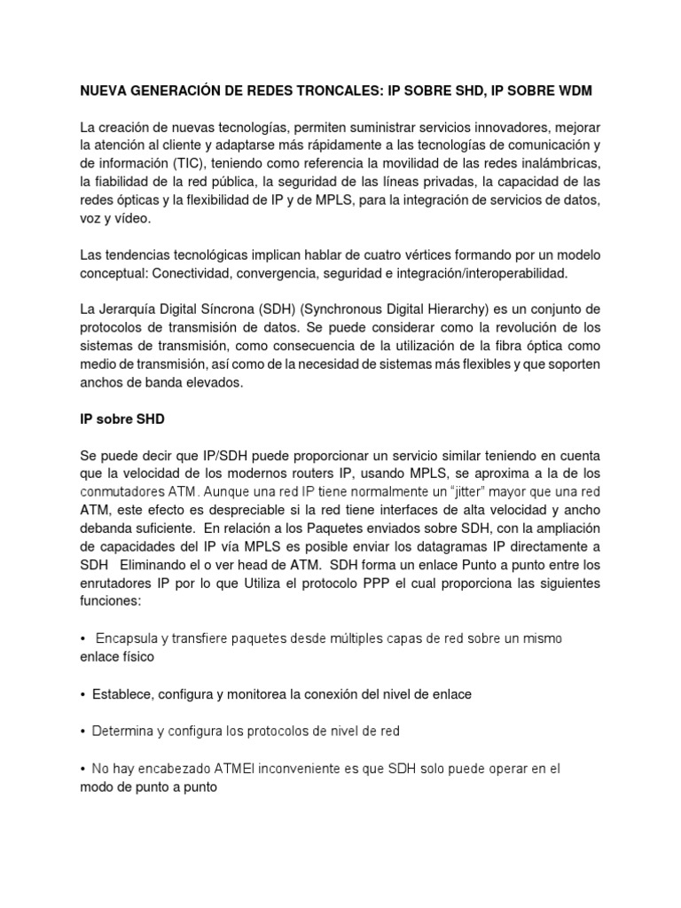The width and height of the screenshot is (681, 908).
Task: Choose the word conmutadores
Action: [123, 491]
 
